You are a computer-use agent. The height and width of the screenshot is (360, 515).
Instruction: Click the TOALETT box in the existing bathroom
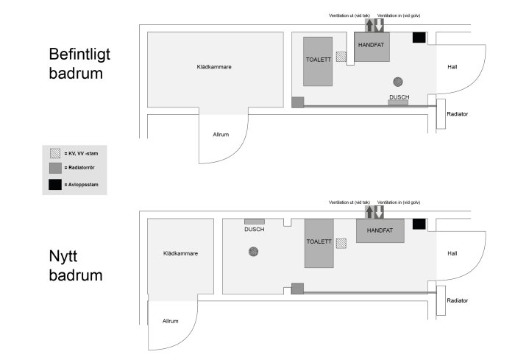(x=318, y=62)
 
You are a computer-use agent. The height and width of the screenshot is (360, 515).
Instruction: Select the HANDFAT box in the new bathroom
(x=380, y=230)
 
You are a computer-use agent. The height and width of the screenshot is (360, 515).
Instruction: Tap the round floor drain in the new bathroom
(x=253, y=252)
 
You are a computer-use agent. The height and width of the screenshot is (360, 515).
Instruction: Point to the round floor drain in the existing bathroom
(x=398, y=82)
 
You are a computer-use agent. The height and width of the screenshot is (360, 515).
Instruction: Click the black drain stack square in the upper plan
(x=419, y=38)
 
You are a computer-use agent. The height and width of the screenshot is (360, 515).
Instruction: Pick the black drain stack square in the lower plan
(x=419, y=224)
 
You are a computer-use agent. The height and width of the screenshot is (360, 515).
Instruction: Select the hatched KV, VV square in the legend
(x=55, y=153)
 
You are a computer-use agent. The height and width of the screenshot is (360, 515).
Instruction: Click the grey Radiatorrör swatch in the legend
(x=55, y=168)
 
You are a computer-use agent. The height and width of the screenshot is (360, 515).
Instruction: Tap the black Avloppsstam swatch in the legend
(x=55, y=185)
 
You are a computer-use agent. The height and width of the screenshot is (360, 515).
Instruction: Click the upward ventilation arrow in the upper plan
(x=369, y=25)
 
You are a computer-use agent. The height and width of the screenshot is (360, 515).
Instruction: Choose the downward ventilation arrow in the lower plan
(x=379, y=212)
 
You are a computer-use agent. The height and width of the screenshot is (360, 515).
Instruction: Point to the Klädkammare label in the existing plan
(x=214, y=67)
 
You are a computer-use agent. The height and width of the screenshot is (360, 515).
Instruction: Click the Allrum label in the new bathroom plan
(x=171, y=321)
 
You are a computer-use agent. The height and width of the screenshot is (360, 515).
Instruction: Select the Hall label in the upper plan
(x=452, y=67)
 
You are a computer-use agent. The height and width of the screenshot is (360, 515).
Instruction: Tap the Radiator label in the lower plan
(x=457, y=300)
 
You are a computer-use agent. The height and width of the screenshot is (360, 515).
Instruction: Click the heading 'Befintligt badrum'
(x=79, y=63)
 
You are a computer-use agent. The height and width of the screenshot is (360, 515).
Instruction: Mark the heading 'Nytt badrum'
(x=76, y=265)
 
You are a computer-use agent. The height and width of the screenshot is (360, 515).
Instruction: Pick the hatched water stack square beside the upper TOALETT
(x=341, y=57)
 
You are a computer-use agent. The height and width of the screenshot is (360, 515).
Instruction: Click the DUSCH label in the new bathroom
(x=255, y=229)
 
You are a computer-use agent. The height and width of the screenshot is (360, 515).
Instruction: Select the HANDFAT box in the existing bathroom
(x=372, y=46)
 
